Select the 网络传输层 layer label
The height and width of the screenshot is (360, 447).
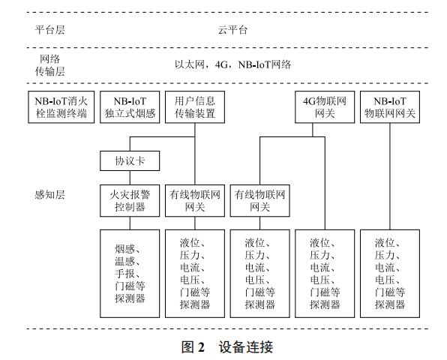pos(50,65)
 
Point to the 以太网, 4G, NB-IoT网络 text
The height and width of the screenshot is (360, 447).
pos(232,64)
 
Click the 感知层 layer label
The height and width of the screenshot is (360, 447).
pos(50,194)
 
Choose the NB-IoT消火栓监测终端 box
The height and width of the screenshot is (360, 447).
pos(61,106)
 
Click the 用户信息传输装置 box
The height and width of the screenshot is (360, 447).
pos(194,106)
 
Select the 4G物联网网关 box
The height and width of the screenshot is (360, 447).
pos(325,106)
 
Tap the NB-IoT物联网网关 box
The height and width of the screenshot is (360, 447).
pos(390,106)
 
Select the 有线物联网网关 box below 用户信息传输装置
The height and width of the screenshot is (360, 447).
pos(194,200)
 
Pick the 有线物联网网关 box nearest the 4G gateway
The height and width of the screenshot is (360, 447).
pos(259,200)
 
